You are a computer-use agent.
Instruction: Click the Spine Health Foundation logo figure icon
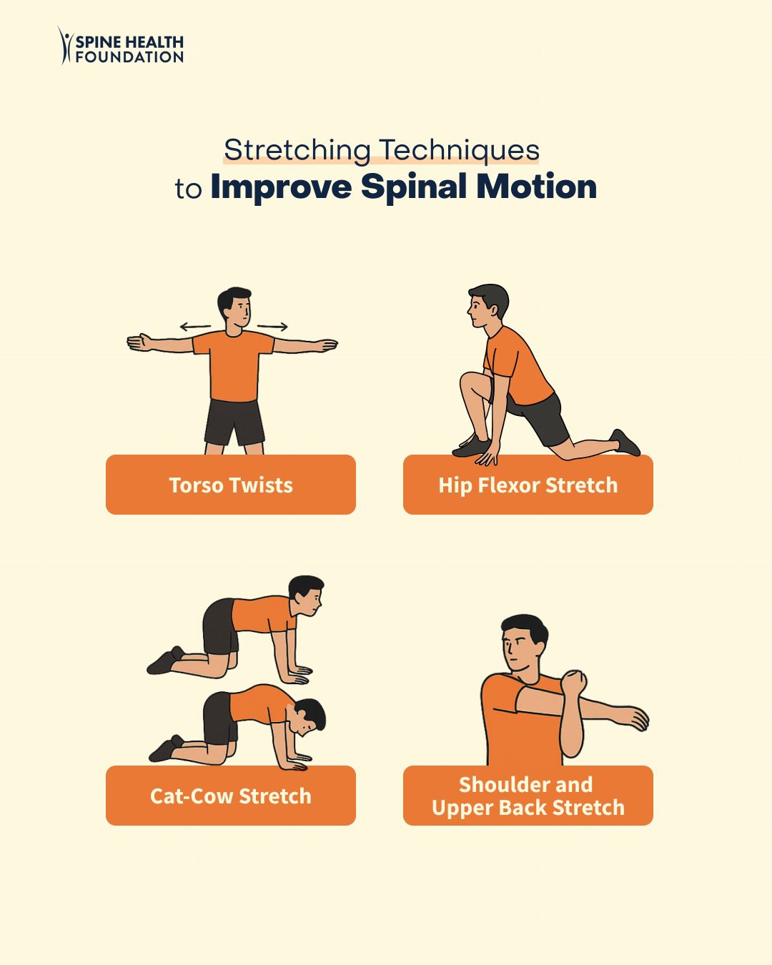point(66,46)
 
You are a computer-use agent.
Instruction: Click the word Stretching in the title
point(297,150)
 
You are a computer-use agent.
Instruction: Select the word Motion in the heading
point(537,187)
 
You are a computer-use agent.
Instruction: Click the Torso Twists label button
point(231,485)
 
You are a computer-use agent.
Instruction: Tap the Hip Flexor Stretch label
point(528,485)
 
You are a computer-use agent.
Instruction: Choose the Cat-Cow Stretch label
point(231,796)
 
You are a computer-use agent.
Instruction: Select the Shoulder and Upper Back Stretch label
point(528,796)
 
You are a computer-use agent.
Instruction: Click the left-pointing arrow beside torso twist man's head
point(195,327)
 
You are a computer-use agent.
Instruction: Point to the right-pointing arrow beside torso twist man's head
point(272,327)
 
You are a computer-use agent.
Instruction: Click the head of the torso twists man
point(235,306)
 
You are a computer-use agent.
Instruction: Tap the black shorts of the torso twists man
point(234,422)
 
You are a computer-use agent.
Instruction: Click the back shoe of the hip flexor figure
point(626,442)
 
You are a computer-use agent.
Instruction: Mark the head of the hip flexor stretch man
point(488,303)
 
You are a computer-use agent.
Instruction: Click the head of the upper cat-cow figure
point(307,595)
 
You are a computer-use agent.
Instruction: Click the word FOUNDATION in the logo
point(129,57)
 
